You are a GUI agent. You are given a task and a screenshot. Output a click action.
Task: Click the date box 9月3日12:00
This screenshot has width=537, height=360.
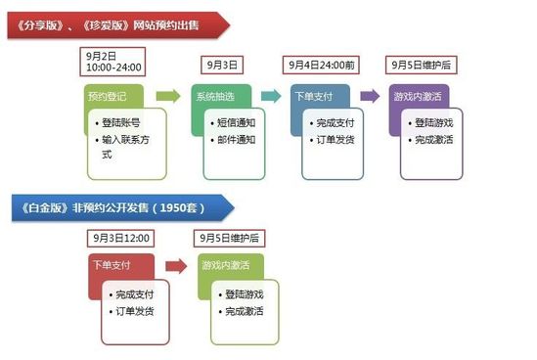[x=119, y=238]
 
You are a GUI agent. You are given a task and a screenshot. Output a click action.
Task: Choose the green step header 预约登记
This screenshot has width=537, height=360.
[x=111, y=96]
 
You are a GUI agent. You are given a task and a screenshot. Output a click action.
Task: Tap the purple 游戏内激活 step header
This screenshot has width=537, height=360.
[x=418, y=96]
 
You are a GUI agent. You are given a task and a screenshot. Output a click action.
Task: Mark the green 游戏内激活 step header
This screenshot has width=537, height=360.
[x=227, y=264]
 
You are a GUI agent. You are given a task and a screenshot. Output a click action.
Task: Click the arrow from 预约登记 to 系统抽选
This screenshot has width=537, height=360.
[x=168, y=96]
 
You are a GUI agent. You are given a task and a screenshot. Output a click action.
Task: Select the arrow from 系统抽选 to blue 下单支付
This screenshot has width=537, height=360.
[x=271, y=96]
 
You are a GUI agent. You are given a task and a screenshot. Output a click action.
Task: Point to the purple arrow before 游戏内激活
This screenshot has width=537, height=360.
[x=370, y=96]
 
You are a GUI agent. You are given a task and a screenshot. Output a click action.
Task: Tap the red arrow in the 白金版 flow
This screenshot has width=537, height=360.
[x=176, y=265]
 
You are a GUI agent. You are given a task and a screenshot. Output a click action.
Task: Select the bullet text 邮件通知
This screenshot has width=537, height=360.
[x=235, y=140]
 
